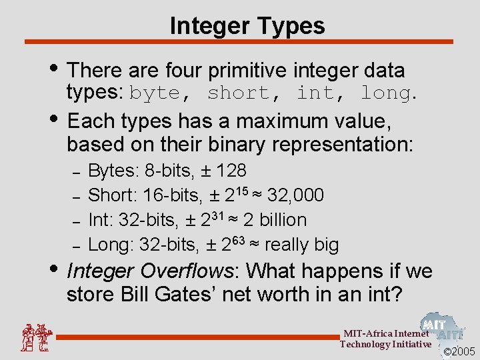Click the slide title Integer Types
247,26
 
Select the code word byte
155,94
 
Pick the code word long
385,94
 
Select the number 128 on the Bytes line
231,171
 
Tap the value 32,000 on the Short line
295,195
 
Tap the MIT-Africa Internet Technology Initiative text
385,339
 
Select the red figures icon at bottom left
35,337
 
